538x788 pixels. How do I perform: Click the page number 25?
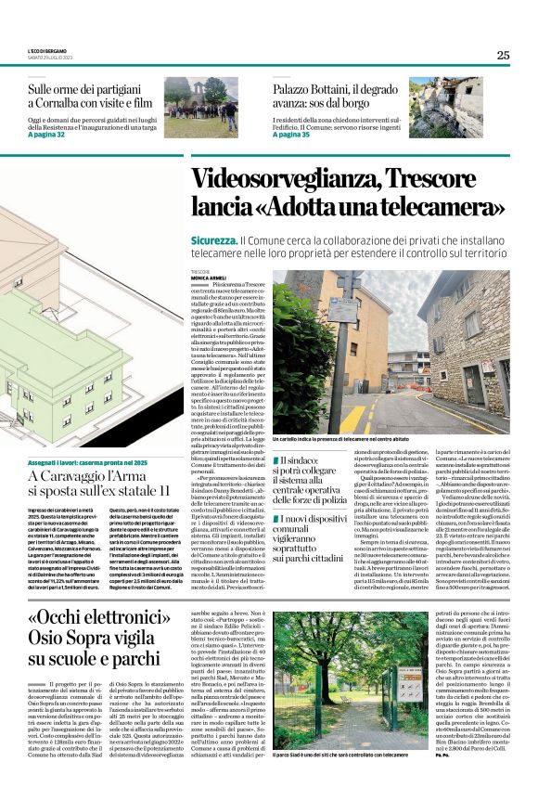(x=503, y=55)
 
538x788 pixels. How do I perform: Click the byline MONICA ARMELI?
(x=209, y=278)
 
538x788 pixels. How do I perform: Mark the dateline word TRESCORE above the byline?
(x=201, y=271)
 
